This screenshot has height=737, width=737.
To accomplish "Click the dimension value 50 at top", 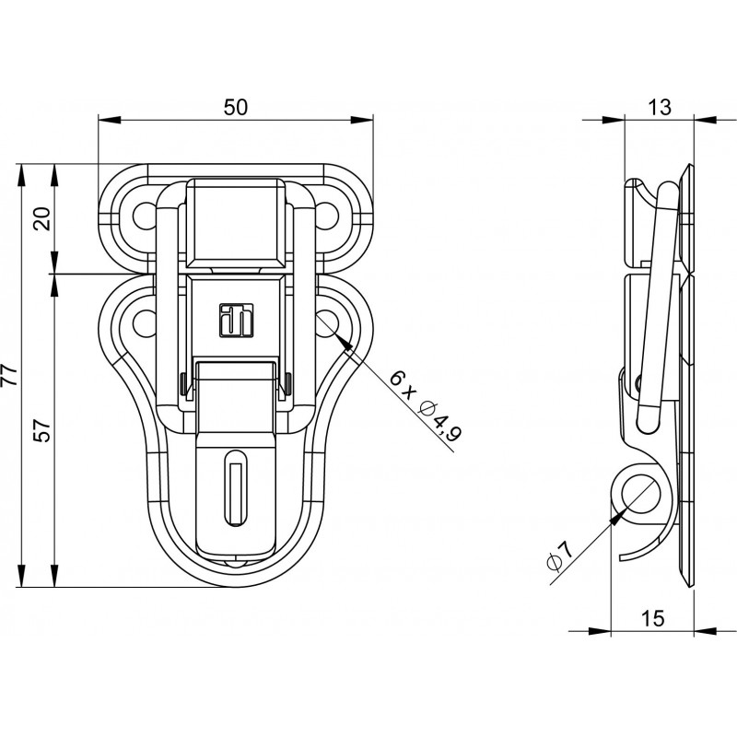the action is click(236, 107).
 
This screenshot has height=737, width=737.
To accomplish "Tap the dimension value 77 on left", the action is click(10, 375).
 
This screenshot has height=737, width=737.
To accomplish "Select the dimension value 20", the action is click(43, 218).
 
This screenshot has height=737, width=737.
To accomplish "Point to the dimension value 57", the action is click(43, 429).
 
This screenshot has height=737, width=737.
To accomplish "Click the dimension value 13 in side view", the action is click(660, 107).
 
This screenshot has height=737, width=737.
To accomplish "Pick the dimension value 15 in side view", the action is click(653, 618).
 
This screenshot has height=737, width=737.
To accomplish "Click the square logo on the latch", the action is click(237, 320).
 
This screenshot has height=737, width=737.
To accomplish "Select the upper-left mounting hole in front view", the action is click(145, 215).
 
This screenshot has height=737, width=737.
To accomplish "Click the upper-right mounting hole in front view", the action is click(327, 215).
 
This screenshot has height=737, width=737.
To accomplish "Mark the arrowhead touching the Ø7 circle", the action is click(617, 516).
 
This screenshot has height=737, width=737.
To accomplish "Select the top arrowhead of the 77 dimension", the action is click(20, 175).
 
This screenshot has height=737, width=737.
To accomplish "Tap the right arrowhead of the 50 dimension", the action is click(362, 121).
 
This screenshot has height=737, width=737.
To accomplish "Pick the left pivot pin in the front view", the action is click(182, 384).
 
